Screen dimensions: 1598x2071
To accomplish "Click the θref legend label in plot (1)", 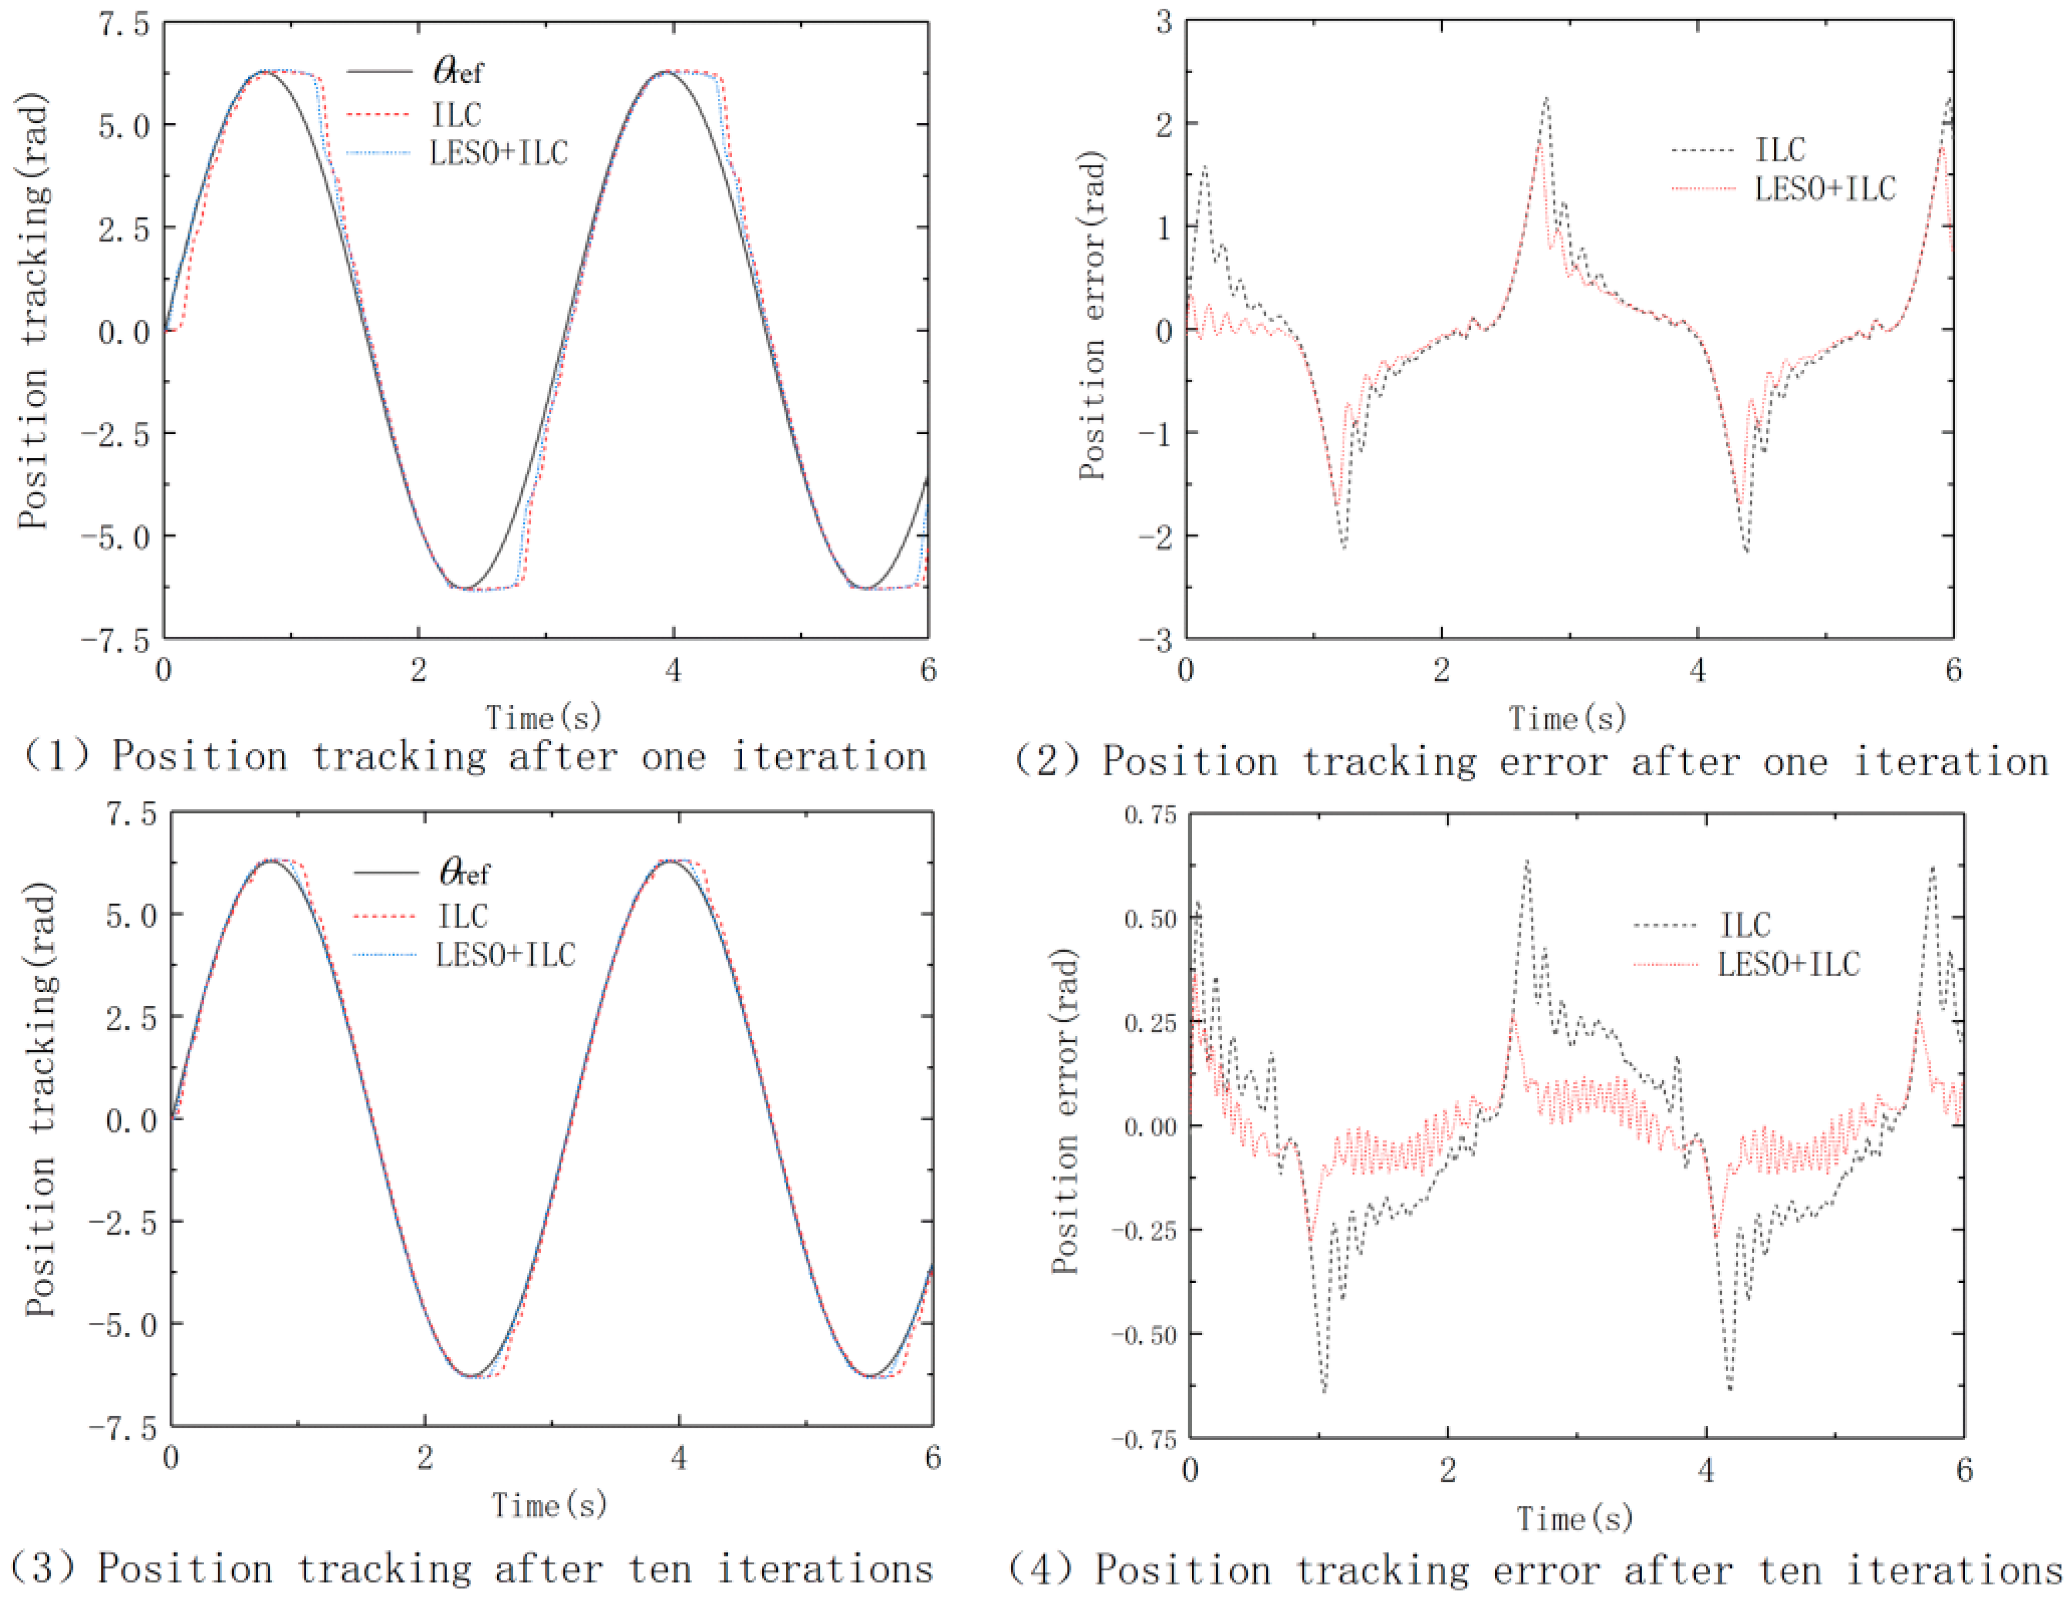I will (458, 71).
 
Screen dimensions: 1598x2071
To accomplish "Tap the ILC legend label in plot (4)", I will (1746, 925).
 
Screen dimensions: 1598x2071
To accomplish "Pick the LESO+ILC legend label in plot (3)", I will (505, 954).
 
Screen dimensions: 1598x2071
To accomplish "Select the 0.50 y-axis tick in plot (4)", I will (1149, 919).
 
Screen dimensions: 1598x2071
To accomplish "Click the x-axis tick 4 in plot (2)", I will (1698, 670).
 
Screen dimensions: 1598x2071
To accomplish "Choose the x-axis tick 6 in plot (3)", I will (933, 1458).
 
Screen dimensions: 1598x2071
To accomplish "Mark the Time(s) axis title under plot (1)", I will (544, 718).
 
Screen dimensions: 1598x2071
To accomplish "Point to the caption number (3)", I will (42, 1567).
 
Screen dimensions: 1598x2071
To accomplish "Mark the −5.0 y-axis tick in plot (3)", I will (123, 1325).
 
